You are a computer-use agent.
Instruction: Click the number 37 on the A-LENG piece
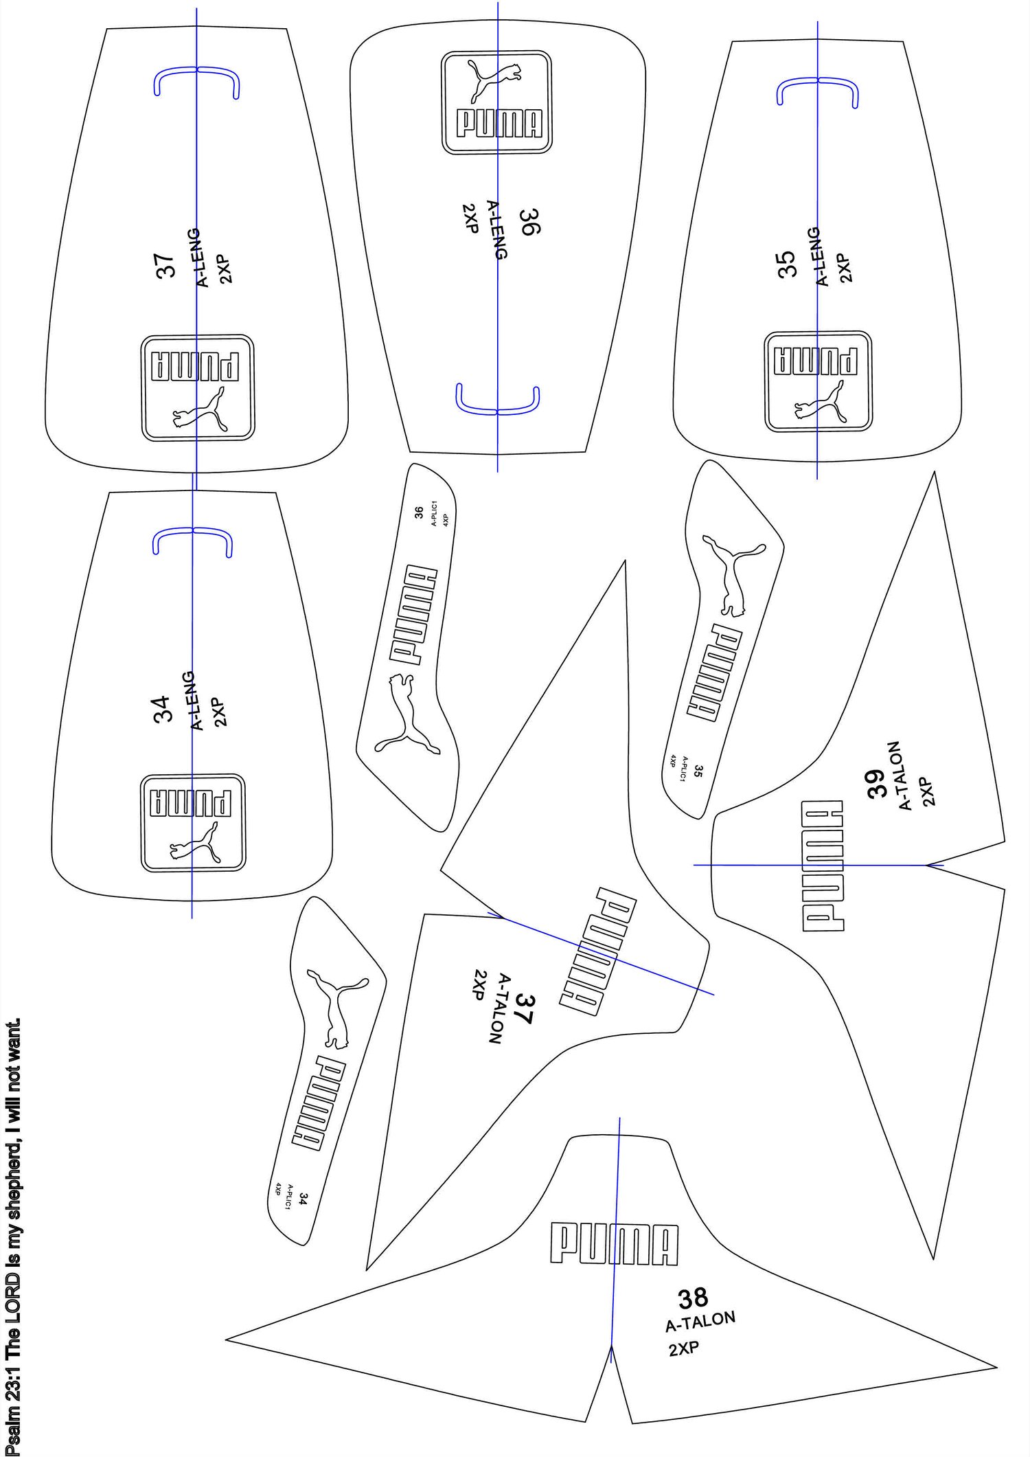pos(165,266)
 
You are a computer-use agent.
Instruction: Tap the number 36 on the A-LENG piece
pos(529,222)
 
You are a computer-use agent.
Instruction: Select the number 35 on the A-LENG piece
pos(787,264)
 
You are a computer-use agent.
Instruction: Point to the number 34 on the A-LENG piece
pos(161,709)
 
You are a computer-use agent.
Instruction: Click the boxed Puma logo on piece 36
pos(496,102)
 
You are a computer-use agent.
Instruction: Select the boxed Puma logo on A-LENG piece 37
pos(198,388)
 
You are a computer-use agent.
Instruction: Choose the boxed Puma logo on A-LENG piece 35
pos(819,382)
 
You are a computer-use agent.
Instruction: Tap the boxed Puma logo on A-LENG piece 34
pos(193,823)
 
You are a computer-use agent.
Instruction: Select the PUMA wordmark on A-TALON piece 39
pos(823,866)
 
